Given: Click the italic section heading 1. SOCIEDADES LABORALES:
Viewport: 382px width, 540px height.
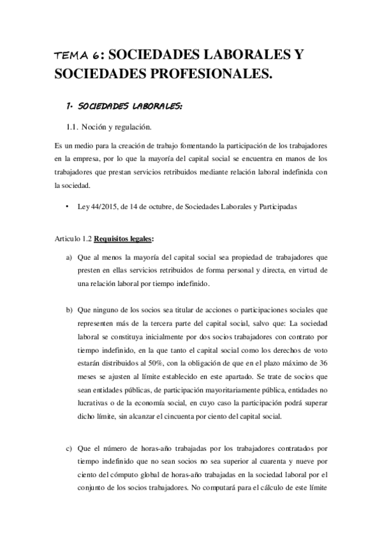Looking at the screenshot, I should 124,106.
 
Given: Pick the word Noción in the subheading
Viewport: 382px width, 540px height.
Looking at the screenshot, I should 103,127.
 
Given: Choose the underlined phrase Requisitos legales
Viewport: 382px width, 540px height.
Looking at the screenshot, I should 123,239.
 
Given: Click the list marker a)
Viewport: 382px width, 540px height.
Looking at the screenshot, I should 69,257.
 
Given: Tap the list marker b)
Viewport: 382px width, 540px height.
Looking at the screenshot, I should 69,310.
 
